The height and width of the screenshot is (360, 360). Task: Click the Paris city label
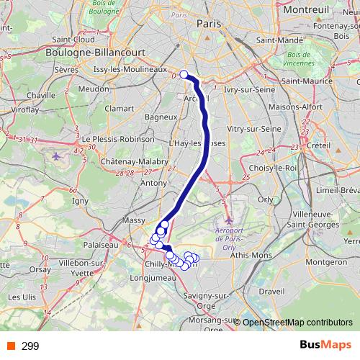coord(209,24)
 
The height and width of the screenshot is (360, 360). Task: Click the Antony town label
coord(153,183)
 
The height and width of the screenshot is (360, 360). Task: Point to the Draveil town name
coord(271,292)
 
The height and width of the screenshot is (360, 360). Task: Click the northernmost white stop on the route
coord(184,74)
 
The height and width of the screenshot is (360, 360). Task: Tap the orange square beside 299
coord(9,346)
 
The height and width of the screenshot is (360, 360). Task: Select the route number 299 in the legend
coord(30,346)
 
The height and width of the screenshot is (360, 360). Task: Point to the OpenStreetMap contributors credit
coord(297,323)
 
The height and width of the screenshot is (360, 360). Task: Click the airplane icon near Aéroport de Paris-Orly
coord(228,219)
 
